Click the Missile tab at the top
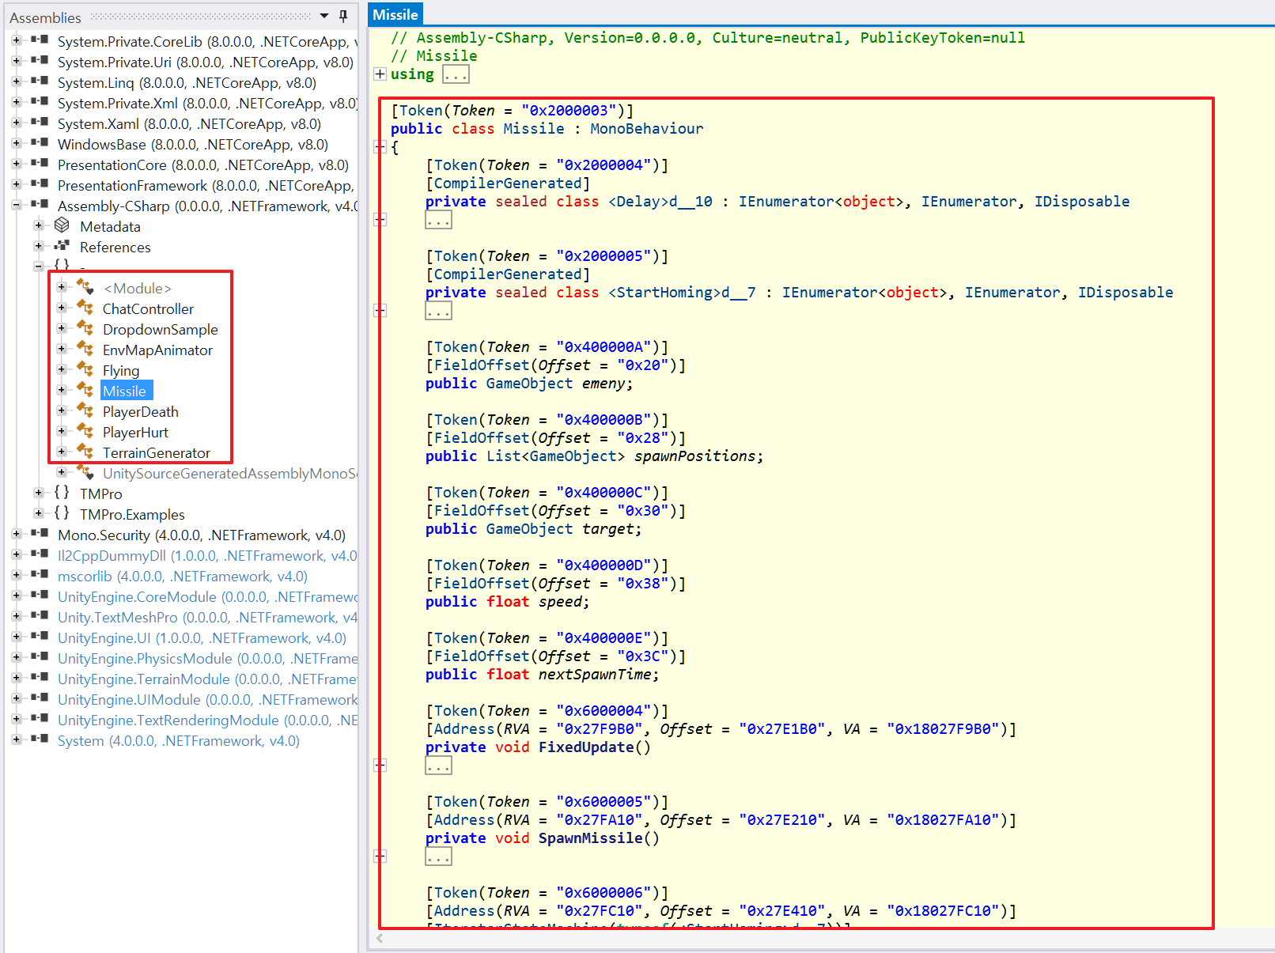click(395, 14)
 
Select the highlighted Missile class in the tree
click(124, 391)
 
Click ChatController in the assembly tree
click(148, 309)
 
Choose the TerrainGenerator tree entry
click(157, 453)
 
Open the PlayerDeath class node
click(141, 412)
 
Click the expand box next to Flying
click(61, 369)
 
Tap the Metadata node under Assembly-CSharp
click(111, 226)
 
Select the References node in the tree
click(115, 248)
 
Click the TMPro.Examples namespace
click(132, 515)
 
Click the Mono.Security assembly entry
click(202, 535)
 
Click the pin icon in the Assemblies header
click(343, 17)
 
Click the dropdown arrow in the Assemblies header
click(324, 16)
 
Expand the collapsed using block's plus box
click(380, 74)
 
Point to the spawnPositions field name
click(694, 456)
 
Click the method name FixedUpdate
click(586, 747)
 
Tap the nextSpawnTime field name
click(594, 675)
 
